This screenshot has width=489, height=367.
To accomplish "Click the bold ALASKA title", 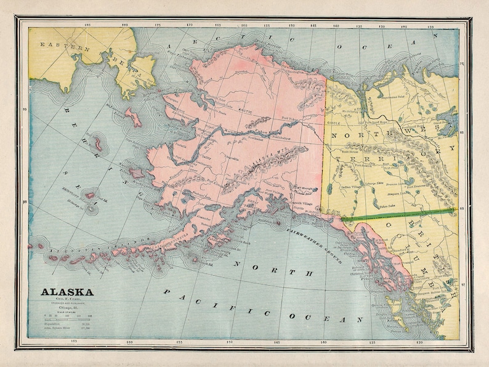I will coord(67,292).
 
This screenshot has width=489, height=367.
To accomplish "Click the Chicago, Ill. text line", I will coord(67,309).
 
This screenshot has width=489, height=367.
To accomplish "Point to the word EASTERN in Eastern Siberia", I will coord(59,46).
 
